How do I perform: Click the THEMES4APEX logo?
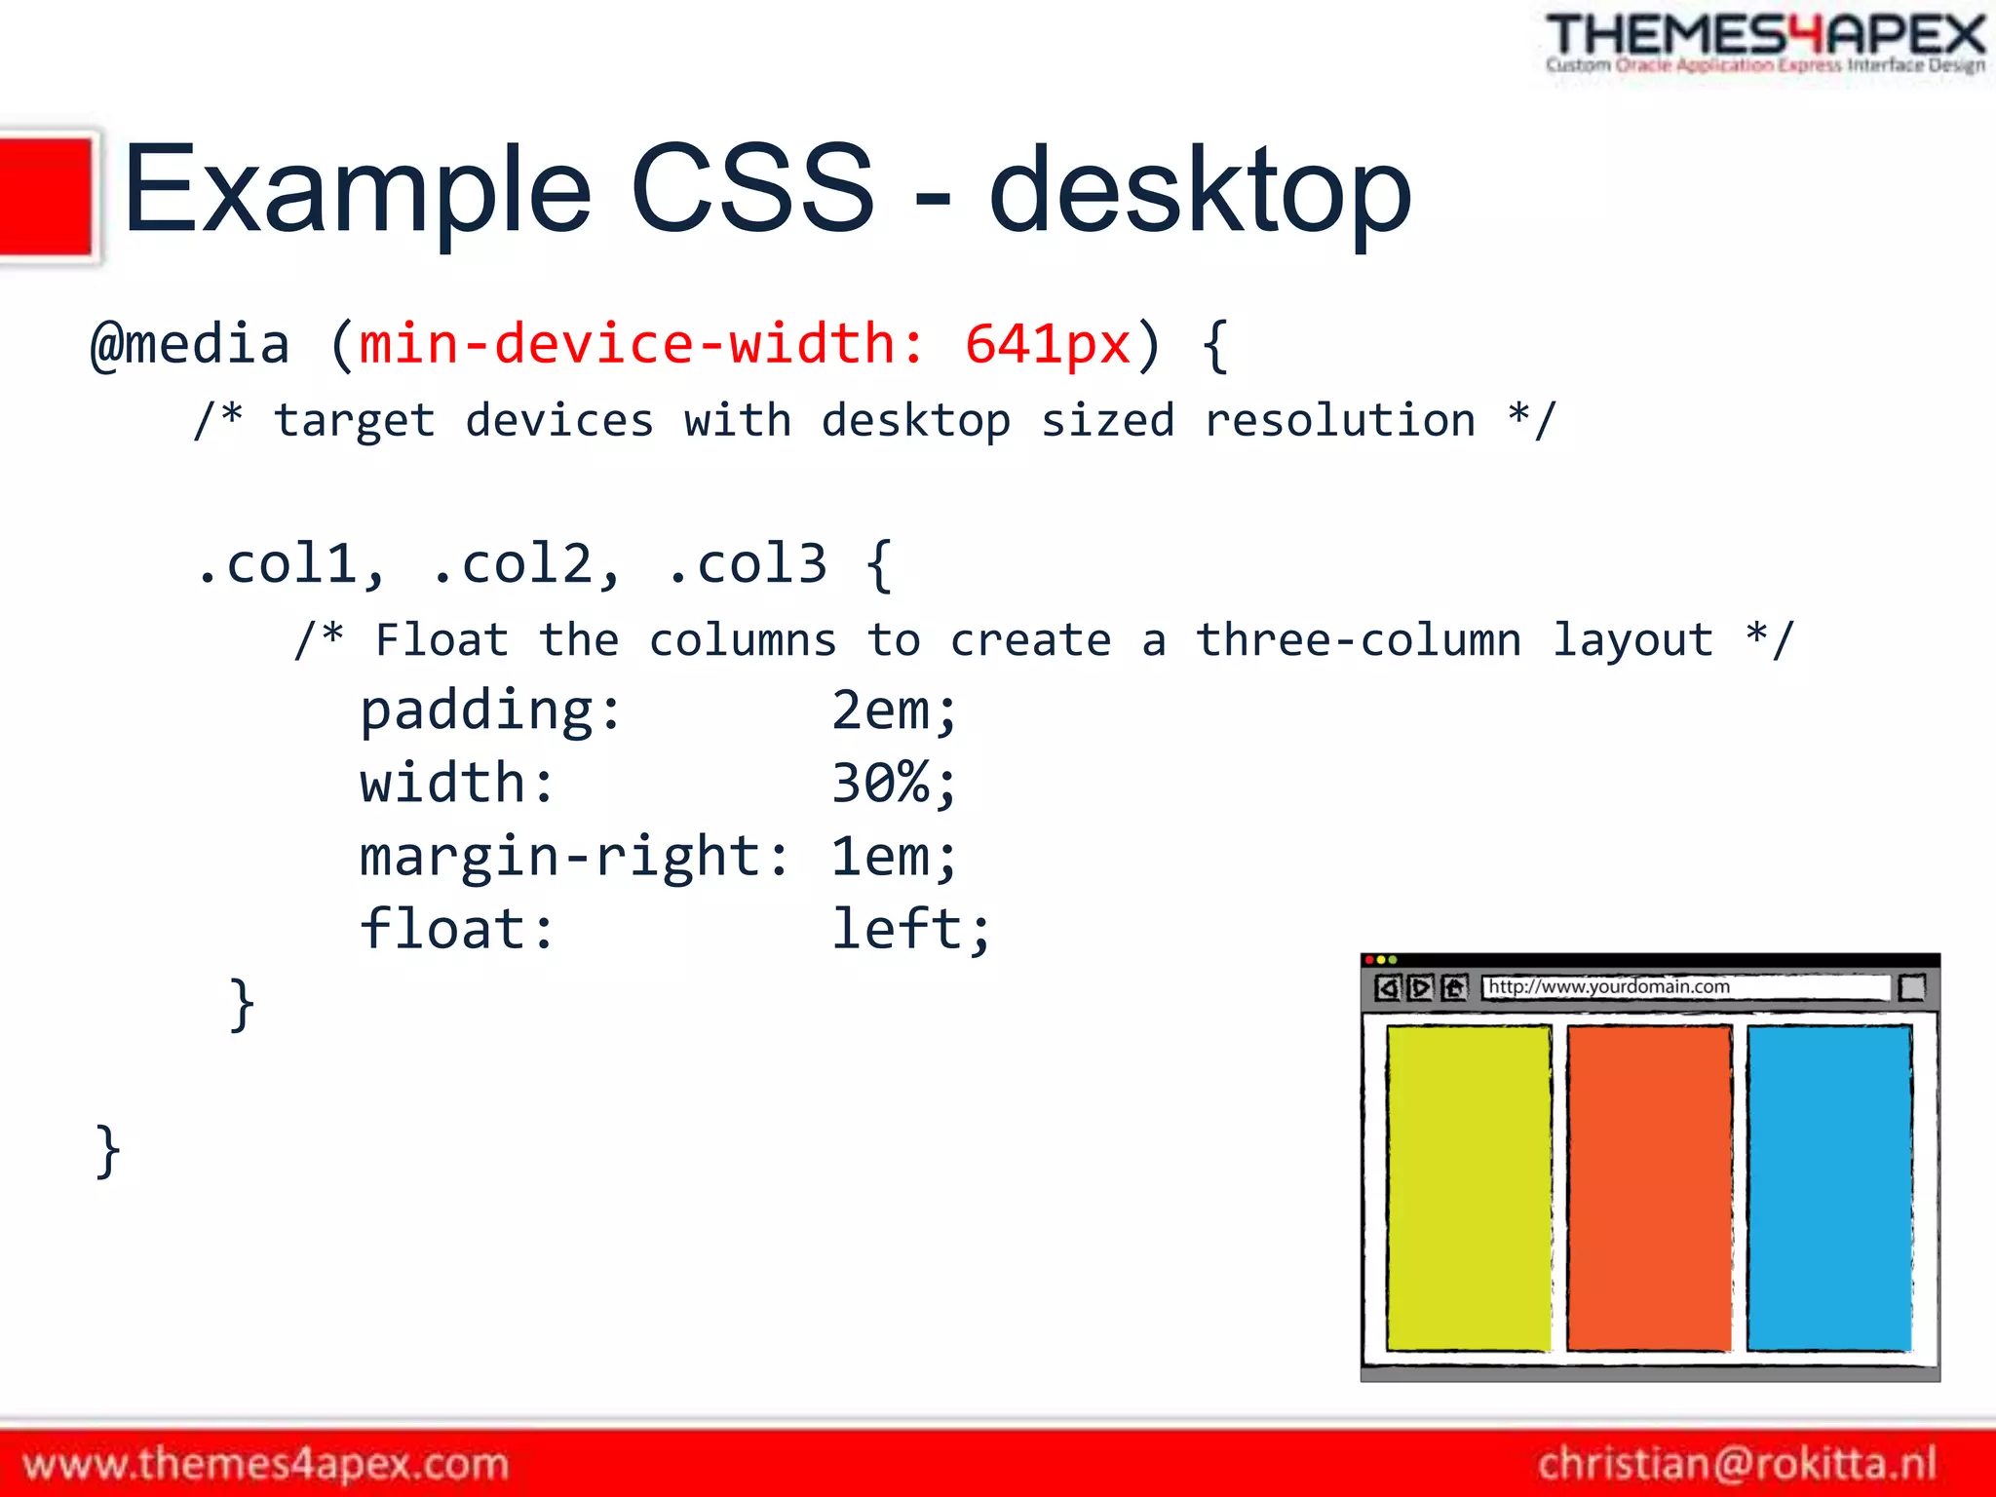[1764, 43]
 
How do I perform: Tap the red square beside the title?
[46, 197]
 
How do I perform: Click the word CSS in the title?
[752, 189]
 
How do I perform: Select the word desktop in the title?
[1200, 191]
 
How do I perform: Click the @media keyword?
[191, 345]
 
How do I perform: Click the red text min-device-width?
[641, 345]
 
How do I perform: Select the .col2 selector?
[525, 565]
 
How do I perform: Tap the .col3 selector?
[748, 565]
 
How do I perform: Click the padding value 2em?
[894, 710]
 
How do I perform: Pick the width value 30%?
[894, 784]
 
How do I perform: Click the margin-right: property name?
[574, 858]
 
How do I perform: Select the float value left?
[910, 930]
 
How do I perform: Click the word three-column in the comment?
[1359, 641]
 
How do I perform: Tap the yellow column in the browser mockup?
[1468, 1187]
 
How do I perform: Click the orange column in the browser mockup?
[1648, 1187]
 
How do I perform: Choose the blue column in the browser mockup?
[1828, 1187]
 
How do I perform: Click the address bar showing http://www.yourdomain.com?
[1684, 987]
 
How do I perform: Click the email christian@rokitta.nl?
[1737, 1464]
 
